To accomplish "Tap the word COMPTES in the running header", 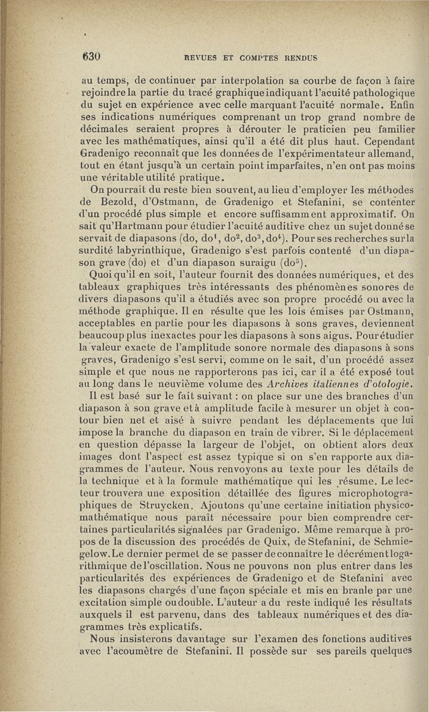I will coord(258,57).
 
